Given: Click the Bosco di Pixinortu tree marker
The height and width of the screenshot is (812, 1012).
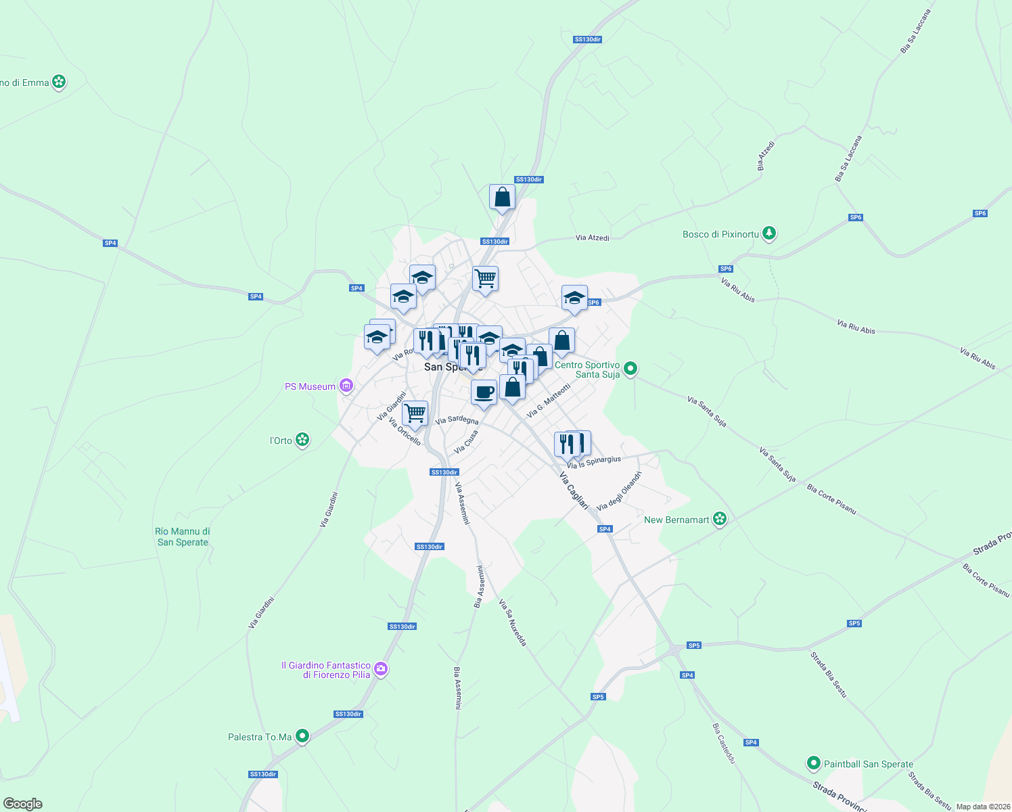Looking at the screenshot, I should pyautogui.click(x=768, y=233).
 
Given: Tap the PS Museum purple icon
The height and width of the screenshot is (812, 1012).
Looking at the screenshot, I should pyautogui.click(x=346, y=386).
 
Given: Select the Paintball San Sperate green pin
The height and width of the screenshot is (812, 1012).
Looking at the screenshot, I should pyautogui.click(x=813, y=763).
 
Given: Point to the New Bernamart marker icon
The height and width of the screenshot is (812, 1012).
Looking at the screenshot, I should pyautogui.click(x=720, y=519).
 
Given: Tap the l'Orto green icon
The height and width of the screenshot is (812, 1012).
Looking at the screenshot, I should pyautogui.click(x=302, y=440).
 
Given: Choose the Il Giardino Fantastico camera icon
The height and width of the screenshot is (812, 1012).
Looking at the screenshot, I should pyautogui.click(x=381, y=669).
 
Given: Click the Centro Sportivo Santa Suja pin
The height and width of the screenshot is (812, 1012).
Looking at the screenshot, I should pyautogui.click(x=630, y=369).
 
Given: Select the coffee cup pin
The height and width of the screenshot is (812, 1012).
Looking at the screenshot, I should pyautogui.click(x=484, y=392).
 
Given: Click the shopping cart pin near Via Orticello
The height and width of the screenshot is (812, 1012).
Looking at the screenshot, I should pyautogui.click(x=415, y=413).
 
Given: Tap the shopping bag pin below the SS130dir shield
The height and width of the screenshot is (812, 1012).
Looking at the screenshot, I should pyautogui.click(x=502, y=198).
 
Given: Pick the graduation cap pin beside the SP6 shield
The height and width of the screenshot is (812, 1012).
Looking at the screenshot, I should pyautogui.click(x=574, y=298).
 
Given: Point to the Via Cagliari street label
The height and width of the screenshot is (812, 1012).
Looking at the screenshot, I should pyautogui.click(x=574, y=490).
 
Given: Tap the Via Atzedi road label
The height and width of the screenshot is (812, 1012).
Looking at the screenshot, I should pyautogui.click(x=592, y=238).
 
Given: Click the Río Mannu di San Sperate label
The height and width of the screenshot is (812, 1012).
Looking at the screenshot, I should pyautogui.click(x=183, y=537).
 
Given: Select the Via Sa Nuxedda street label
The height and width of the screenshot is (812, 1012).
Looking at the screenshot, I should pyautogui.click(x=512, y=622).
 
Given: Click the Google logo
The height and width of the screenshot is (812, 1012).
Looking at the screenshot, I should pyautogui.click(x=23, y=804).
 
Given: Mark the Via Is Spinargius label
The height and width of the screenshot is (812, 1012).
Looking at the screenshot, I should pyautogui.click(x=594, y=462).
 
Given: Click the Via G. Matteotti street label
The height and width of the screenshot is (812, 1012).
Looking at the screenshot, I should pyautogui.click(x=549, y=400).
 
